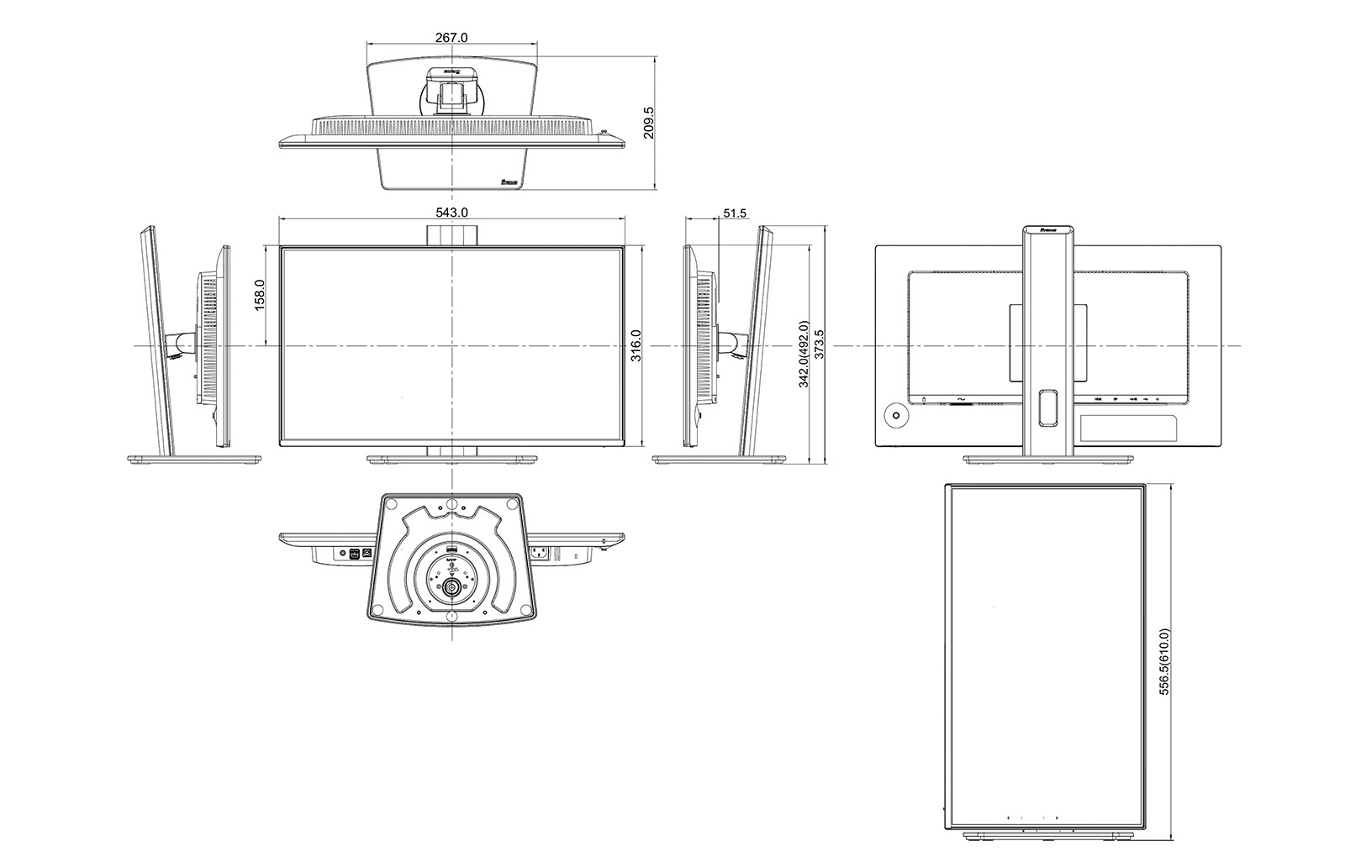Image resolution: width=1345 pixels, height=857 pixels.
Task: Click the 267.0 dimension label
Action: point(451,37)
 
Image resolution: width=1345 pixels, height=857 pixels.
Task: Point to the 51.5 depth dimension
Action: point(734,213)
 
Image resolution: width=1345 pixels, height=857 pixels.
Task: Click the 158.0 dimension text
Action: point(260,296)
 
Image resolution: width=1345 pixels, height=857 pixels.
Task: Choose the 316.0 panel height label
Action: point(636,345)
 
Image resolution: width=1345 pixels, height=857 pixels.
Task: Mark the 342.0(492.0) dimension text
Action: point(803,354)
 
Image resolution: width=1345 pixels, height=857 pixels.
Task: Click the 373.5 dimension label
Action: point(819,345)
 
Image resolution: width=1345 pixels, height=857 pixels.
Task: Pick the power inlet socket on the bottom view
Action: point(538,553)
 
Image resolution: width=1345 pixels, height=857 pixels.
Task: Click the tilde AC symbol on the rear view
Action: point(959,398)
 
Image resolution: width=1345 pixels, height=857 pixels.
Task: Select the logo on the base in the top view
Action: point(510,181)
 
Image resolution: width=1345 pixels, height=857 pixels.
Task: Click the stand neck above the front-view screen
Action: point(451,234)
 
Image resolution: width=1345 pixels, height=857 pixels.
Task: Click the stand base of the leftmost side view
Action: point(194,460)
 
